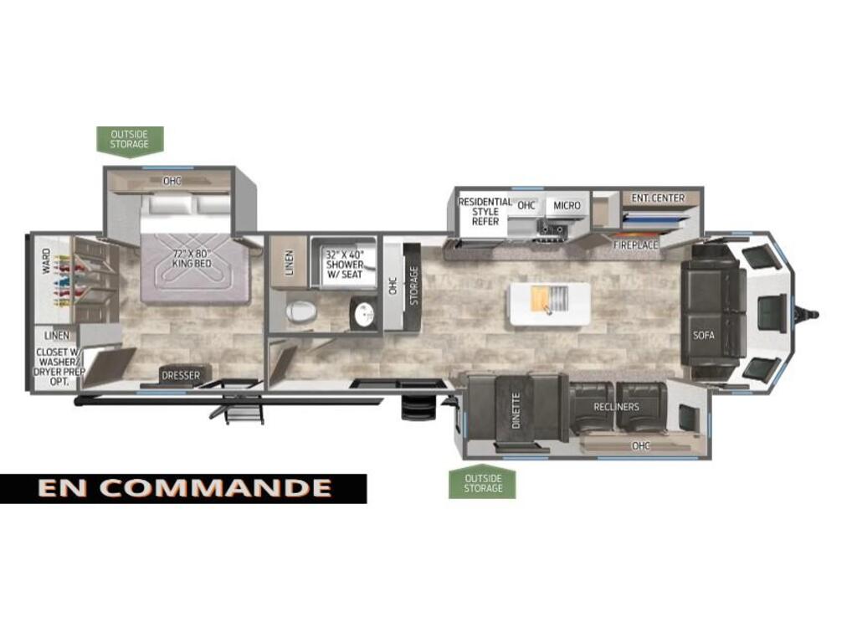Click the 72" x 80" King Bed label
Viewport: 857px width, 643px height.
click(192, 259)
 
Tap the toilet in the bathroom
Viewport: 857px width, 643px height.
click(301, 312)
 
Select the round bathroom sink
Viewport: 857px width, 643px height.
click(363, 314)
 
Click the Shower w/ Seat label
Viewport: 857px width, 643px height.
click(344, 264)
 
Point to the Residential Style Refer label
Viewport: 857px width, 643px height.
click(485, 212)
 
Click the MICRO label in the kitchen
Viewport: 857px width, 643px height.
click(567, 206)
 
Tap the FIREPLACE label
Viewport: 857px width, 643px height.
click(635, 245)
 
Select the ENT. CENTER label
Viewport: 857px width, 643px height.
click(658, 198)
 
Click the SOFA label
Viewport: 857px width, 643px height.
click(703, 335)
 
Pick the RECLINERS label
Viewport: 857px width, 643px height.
click(616, 407)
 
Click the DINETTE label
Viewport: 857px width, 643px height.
click(516, 410)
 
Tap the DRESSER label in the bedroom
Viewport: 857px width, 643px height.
click(181, 376)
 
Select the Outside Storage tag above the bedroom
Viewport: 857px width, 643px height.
click(130, 140)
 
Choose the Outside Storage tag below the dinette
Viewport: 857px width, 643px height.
click(483, 483)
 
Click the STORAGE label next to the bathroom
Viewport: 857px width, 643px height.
click(413, 285)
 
